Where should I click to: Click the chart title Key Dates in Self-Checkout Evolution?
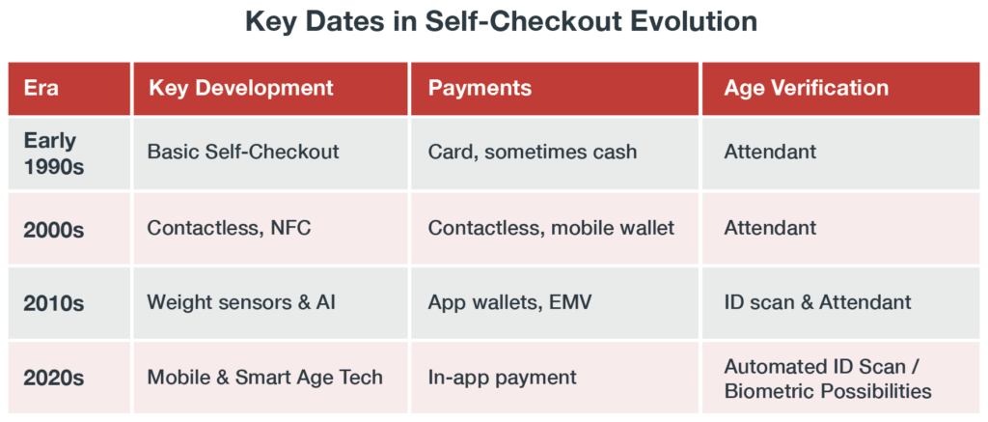pos(494,22)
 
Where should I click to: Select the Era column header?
pos(41,88)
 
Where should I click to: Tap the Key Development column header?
pos(240,88)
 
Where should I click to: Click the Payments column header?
pos(480,88)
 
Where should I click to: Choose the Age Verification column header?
pos(807,88)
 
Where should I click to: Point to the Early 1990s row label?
pos(54,153)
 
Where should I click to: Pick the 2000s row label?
pos(54,229)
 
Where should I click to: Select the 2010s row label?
pos(54,302)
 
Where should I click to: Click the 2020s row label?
pos(54,377)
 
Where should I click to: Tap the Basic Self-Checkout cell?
pos(243,153)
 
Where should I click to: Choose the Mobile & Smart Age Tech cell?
pos(264,377)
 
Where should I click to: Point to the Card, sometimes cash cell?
pos(533,153)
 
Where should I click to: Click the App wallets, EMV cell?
pos(508,302)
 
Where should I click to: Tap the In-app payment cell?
pos(502,377)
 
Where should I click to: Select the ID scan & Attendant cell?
pos(817,302)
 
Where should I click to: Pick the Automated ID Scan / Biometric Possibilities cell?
pos(828,379)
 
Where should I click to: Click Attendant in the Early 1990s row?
pos(770,153)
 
